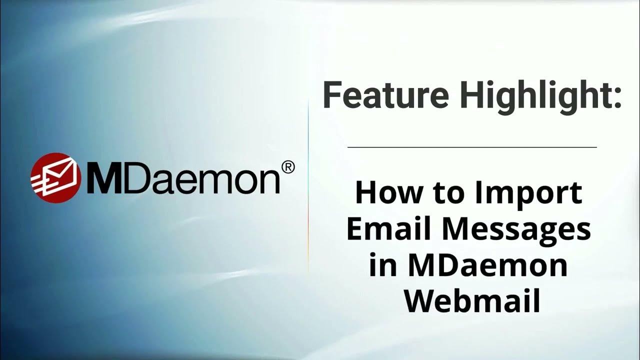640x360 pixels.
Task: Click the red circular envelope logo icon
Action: [55, 177]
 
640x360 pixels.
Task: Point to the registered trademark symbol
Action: [288, 167]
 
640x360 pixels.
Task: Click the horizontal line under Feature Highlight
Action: [472, 147]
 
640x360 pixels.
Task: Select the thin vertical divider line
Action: [308, 185]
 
